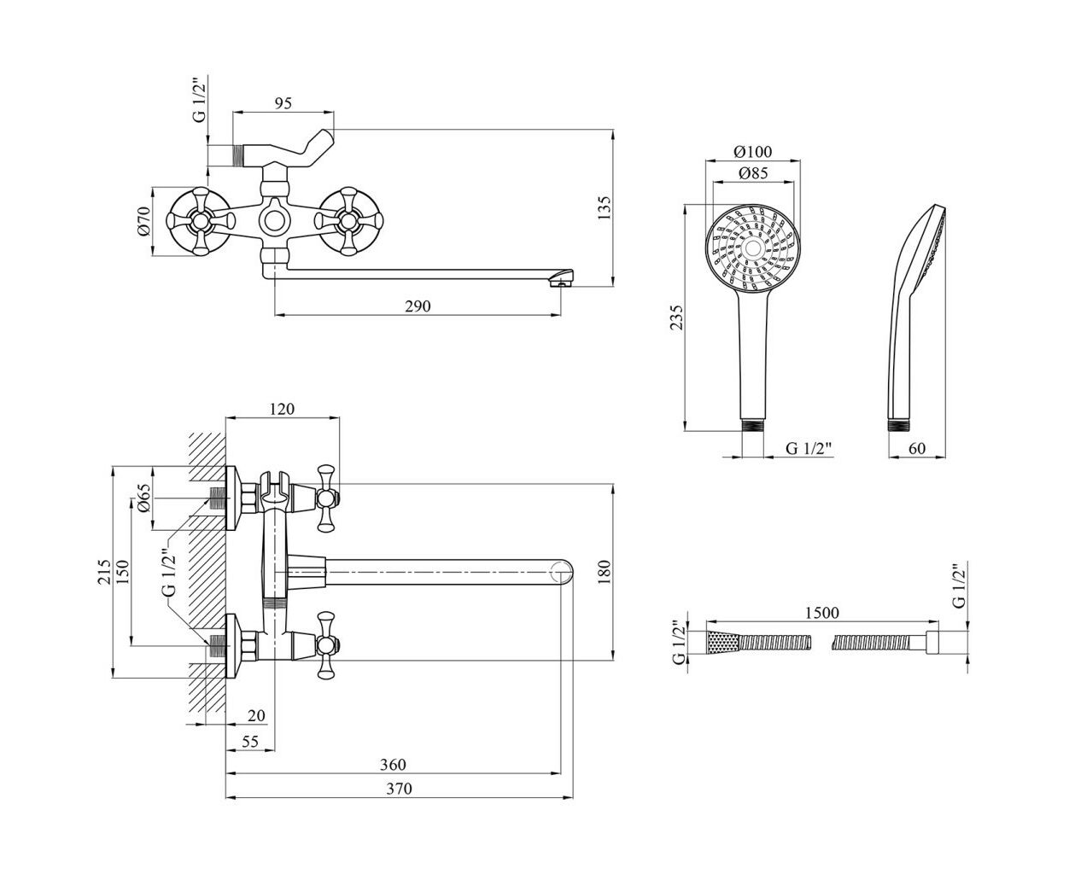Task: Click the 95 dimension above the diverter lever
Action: point(283,103)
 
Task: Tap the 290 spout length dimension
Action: point(418,306)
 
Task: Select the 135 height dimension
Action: point(605,207)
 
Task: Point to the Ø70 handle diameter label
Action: point(144,221)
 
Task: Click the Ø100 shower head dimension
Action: point(753,151)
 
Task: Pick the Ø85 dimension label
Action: point(753,173)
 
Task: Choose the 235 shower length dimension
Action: point(677,318)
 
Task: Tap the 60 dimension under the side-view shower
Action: point(917,448)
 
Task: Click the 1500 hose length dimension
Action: point(822,613)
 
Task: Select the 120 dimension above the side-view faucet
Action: point(282,409)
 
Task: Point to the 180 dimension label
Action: point(605,572)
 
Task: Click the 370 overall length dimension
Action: point(400,789)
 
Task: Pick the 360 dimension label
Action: point(393,764)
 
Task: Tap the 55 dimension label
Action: point(250,741)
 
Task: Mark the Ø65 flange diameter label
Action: point(143,498)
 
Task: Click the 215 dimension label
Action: point(104,572)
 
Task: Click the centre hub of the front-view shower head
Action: point(753,248)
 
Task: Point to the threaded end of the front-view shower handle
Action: point(752,425)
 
